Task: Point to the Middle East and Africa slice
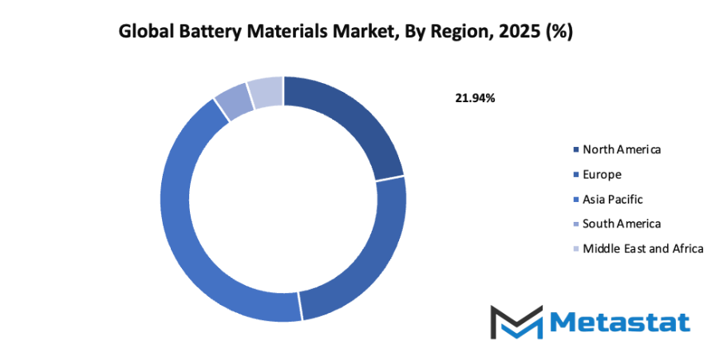point(266,93)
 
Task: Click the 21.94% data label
point(475,98)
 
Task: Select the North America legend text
point(622,149)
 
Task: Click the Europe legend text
point(602,174)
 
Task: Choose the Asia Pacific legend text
point(612,199)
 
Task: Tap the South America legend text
point(622,224)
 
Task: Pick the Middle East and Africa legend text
point(642,248)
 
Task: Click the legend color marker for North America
point(576,150)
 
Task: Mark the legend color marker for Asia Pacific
point(576,200)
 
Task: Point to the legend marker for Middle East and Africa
point(576,249)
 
